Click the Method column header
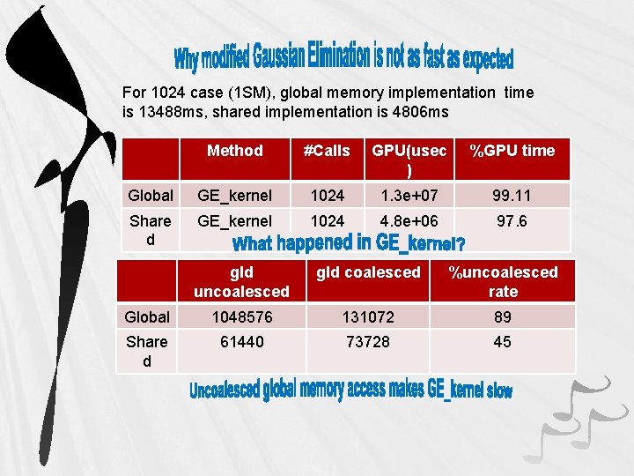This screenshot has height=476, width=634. (234, 151)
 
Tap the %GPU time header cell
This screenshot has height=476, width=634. (512, 151)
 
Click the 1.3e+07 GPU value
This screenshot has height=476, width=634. (403, 195)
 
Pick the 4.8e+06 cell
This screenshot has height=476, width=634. (403, 221)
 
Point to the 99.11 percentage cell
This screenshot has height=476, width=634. (512, 195)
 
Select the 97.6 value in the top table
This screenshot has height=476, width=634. (512, 221)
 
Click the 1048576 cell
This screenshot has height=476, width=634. (241, 316)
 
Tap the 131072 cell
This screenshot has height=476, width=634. (368, 316)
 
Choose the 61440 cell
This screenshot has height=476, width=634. (241, 341)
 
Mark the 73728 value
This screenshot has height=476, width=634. (368, 341)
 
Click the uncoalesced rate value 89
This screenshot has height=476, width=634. (502, 316)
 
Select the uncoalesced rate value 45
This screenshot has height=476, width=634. (502, 341)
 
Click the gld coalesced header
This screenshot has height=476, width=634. (368, 272)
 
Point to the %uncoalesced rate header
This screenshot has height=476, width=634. (503, 281)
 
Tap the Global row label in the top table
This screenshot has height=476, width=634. (151, 195)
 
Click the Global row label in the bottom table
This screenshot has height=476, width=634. (147, 316)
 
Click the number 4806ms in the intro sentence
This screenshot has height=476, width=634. (418, 112)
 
